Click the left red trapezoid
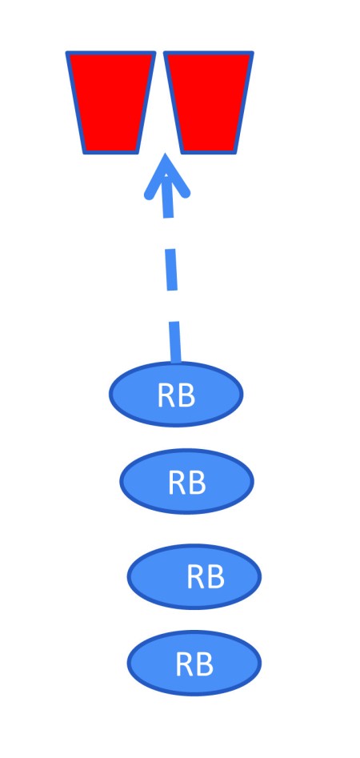click(110, 102)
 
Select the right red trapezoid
click(209, 102)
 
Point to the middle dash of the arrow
click(171, 270)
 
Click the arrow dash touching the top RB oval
click(175, 342)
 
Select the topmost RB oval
click(176, 394)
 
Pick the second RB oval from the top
click(186, 481)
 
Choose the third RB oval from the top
click(194, 576)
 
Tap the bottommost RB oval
click(194, 663)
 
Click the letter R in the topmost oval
click(166, 396)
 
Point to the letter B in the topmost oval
click(187, 396)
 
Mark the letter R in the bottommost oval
click(185, 664)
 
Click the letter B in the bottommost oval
click(206, 664)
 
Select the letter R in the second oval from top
click(178, 483)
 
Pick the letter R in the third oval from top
click(196, 577)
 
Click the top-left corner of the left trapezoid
click(66, 52)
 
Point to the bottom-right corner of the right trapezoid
click(236, 153)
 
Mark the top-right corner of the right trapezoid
click(253, 52)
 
